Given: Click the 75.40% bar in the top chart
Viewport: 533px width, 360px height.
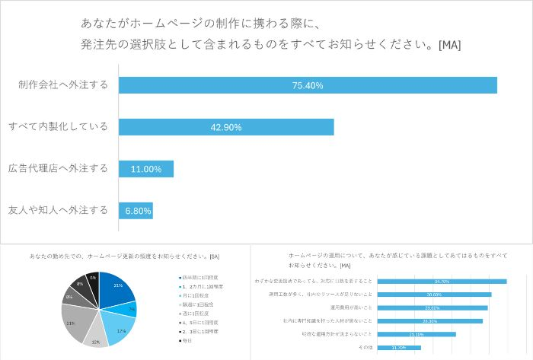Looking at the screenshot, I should tap(308, 85).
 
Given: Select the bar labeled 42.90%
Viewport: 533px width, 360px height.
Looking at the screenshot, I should tap(226, 127).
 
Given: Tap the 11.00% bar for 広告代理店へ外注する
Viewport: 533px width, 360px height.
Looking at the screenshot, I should tap(146, 169).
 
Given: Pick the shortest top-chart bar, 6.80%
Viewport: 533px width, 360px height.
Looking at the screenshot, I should tap(136, 210).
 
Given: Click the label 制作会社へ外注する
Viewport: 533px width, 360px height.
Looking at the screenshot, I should tap(63, 85).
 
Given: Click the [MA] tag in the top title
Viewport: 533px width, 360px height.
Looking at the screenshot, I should tap(449, 45).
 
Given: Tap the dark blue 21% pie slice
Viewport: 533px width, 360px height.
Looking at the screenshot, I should tap(114, 287).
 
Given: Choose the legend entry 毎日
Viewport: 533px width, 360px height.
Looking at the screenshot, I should tap(185, 340).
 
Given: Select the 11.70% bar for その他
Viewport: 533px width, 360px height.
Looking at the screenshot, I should tap(399, 348).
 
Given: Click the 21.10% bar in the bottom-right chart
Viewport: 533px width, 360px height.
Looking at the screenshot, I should tap(417, 334).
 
